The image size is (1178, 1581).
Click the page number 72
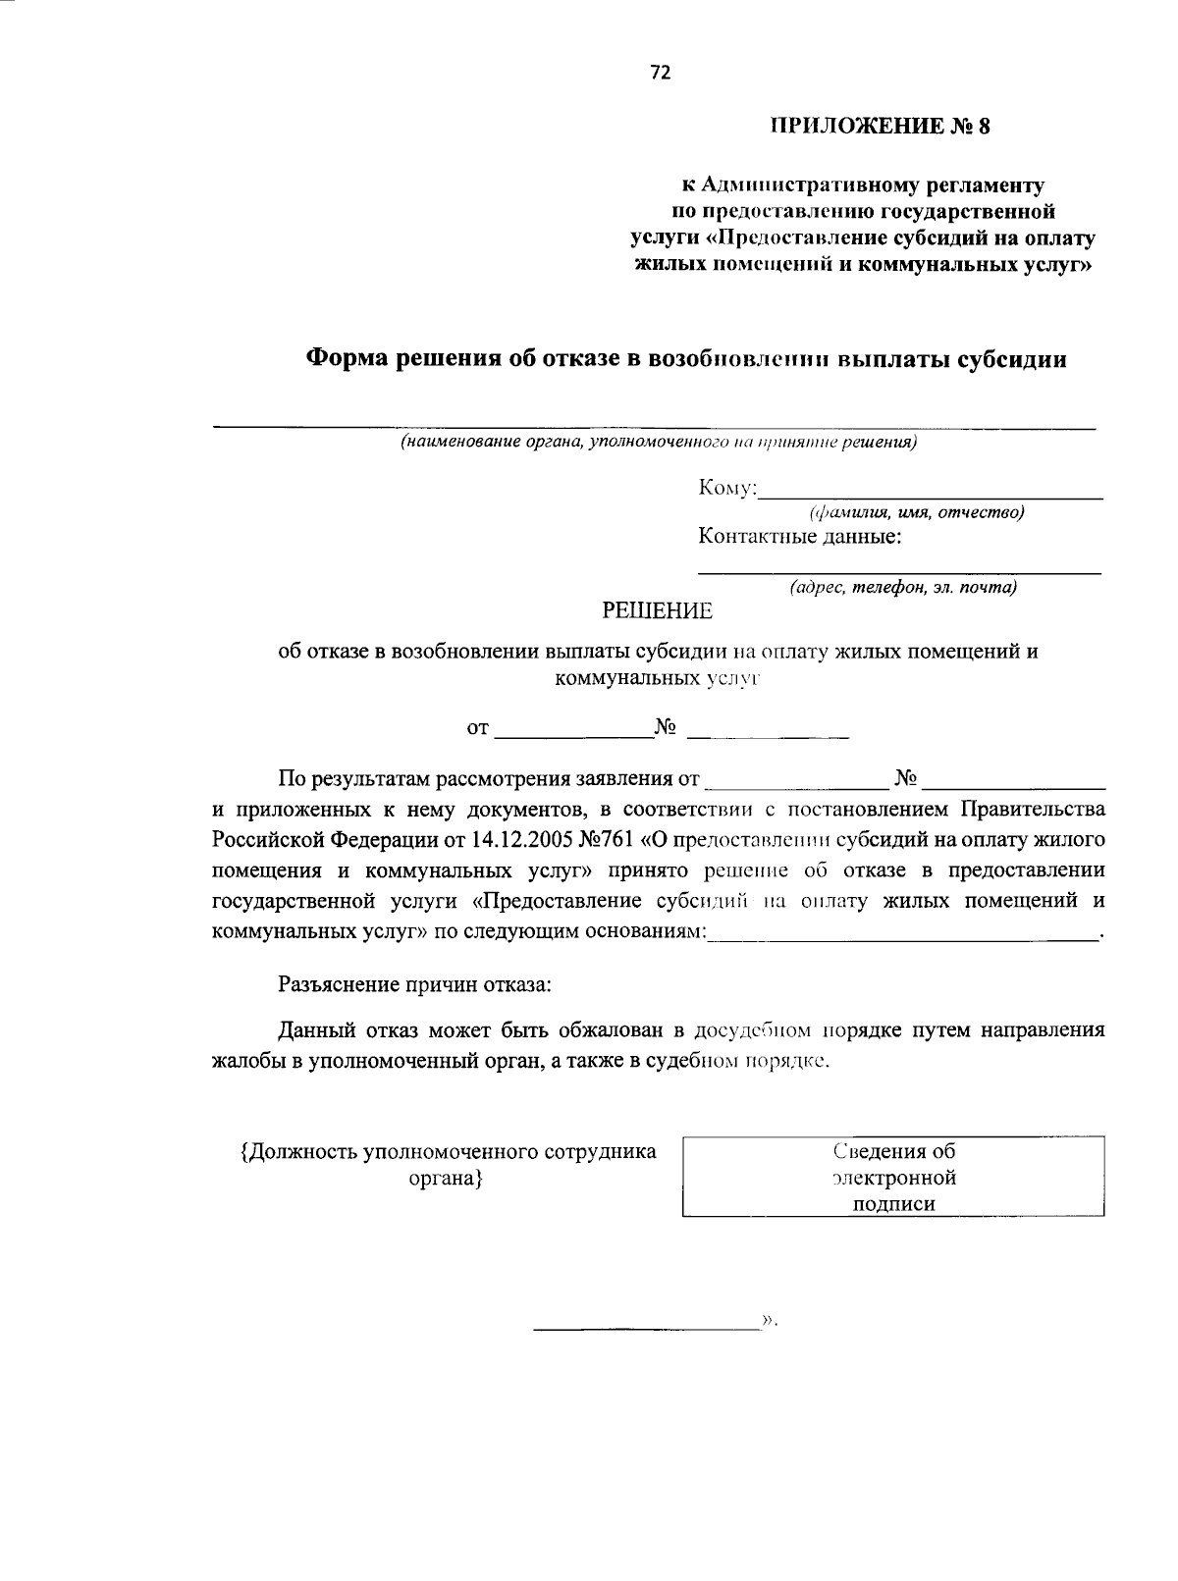[x=660, y=73]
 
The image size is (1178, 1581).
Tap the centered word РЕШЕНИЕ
[x=657, y=611]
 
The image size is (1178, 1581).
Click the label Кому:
[x=727, y=489]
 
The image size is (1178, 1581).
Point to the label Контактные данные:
[x=800, y=537]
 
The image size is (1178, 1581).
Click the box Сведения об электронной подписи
[x=893, y=1177]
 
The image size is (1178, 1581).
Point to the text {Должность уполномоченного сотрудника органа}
[x=448, y=1164]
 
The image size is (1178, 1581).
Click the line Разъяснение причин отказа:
[x=414, y=983]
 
